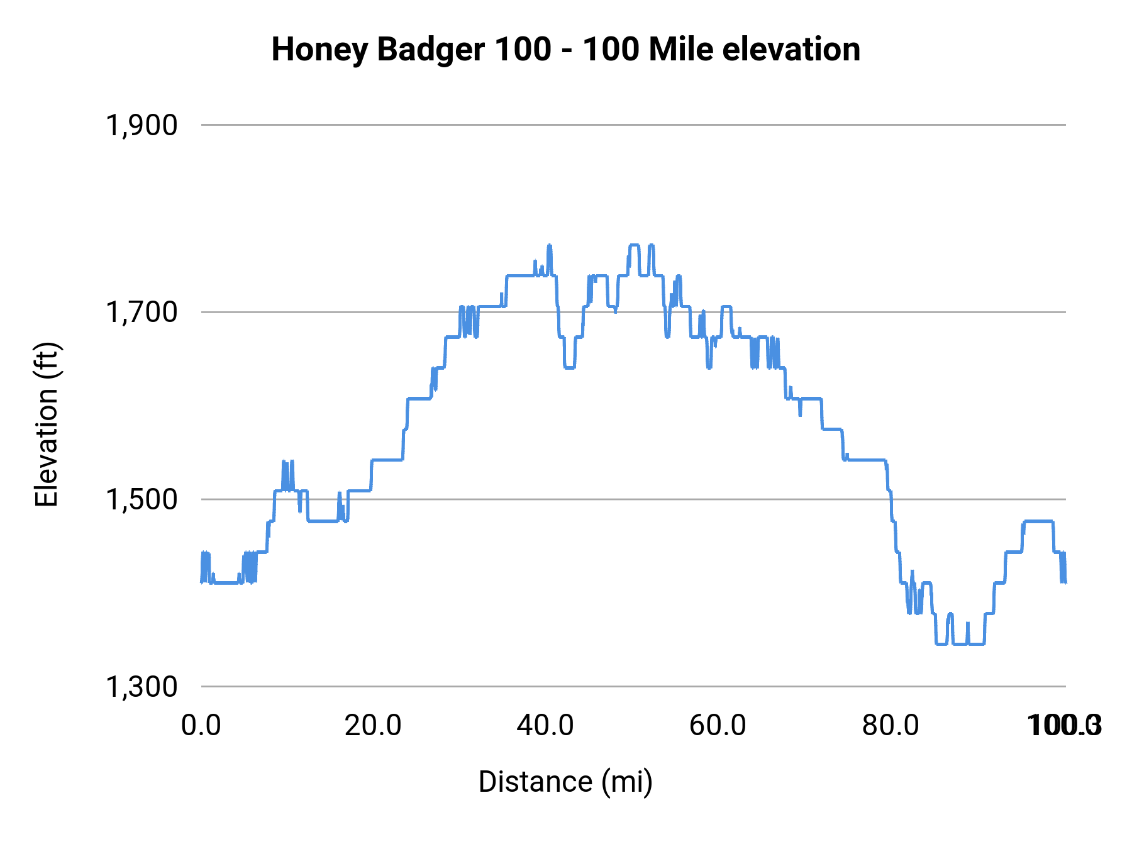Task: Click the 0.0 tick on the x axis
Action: click(x=201, y=726)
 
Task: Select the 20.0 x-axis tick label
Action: click(x=373, y=726)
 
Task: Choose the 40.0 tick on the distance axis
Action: click(x=545, y=726)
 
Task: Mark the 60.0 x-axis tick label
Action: click(x=718, y=726)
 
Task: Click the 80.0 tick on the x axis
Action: click(x=891, y=726)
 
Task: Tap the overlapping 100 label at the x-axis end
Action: click(x=1064, y=726)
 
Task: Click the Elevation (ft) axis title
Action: click(x=47, y=425)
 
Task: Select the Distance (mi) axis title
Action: click(x=565, y=782)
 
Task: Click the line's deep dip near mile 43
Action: click(x=569, y=367)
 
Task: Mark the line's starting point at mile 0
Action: click(x=201, y=582)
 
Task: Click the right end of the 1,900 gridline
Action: click(x=1064, y=125)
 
